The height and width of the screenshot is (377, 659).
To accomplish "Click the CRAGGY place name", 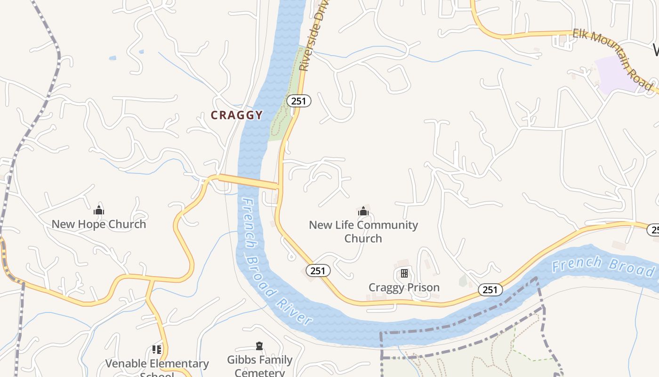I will [236, 115].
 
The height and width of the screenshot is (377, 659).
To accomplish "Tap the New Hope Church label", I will [99, 224].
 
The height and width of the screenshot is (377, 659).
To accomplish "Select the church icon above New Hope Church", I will [99, 210].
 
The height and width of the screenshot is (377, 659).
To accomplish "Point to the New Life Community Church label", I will [363, 231].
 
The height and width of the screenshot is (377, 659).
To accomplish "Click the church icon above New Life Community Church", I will [363, 211].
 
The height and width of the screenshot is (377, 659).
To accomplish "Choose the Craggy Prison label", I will [404, 287].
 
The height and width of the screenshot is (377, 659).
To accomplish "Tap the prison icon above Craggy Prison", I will [404, 273].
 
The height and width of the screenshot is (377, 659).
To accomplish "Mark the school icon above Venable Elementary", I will [157, 350].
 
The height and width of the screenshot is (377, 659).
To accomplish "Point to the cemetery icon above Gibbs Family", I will [259, 346].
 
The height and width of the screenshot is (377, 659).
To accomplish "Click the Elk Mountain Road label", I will [612, 58].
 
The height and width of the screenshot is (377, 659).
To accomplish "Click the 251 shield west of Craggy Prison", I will [318, 270].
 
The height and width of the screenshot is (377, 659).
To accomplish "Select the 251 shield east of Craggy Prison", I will [490, 290].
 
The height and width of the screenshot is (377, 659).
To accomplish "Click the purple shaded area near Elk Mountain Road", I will [617, 73].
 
